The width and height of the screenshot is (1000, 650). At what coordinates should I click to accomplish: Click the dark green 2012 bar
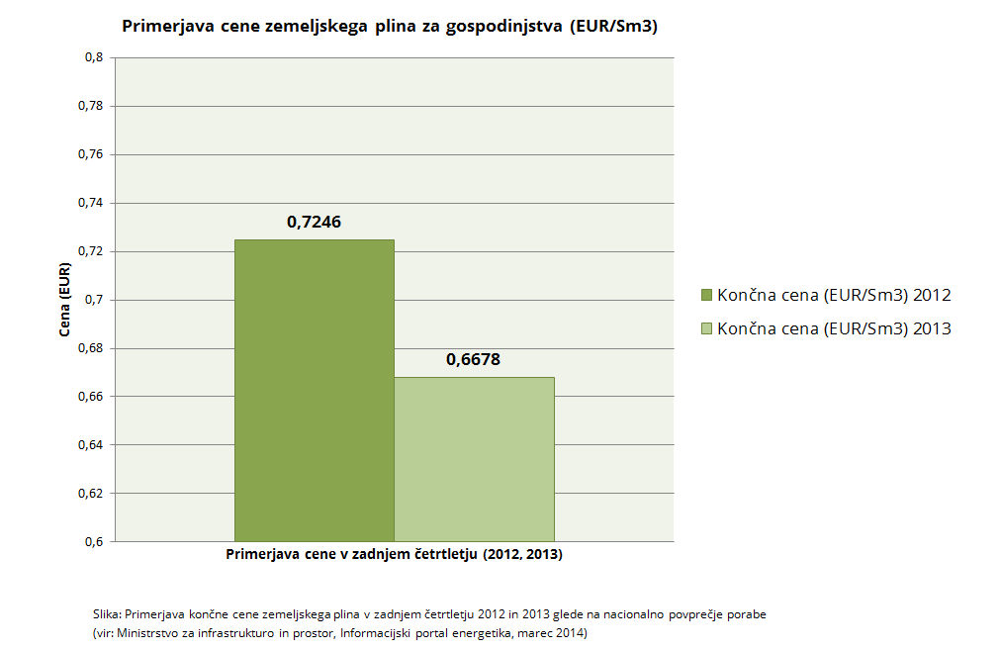click(x=314, y=391)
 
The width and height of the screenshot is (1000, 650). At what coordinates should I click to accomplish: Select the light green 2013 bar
click(x=474, y=459)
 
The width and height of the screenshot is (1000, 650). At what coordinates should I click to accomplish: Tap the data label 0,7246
click(x=314, y=223)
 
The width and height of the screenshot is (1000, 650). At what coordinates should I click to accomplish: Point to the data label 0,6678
click(x=474, y=360)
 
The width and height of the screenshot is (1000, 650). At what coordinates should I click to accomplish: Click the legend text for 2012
click(x=835, y=295)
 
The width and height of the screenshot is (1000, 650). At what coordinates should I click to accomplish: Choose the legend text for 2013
click(x=835, y=328)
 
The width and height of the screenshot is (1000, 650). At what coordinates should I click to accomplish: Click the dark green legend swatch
click(x=706, y=295)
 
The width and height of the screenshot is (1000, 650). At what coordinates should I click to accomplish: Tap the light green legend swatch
click(x=706, y=328)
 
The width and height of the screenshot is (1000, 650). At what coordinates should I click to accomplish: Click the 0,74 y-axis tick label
click(x=90, y=203)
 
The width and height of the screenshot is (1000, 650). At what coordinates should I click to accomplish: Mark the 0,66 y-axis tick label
click(x=90, y=397)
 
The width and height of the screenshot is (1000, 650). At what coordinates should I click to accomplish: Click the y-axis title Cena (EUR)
click(x=64, y=300)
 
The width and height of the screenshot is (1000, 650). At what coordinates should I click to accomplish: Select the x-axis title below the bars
click(x=394, y=555)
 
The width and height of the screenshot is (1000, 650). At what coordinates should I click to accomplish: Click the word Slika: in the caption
click(x=106, y=614)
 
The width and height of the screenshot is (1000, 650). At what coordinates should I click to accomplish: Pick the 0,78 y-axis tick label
click(x=90, y=106)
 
